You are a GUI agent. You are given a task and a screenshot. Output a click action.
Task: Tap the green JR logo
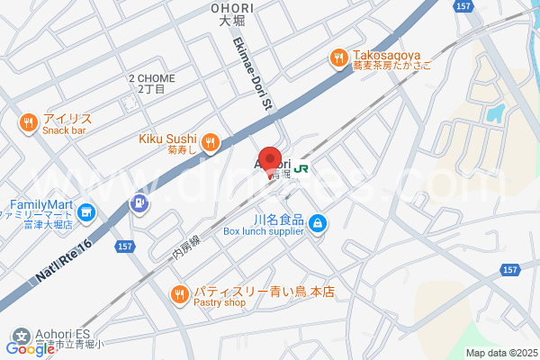[x=301, y=166]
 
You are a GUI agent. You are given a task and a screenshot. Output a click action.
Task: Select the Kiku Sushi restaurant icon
[x=210, y=140]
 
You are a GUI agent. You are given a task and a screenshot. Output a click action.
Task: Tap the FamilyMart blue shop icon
[x=86, y=213]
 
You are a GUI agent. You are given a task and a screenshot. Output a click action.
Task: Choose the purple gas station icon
[x=139, y=205]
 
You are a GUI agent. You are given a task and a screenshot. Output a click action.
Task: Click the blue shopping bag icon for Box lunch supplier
[x=318, y=224]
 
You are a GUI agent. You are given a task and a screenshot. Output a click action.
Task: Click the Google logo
[x=30, y=349]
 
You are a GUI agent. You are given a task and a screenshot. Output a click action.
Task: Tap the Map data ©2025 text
[x=501, y=353]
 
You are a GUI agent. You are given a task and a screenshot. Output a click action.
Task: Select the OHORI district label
[x=232, y=8]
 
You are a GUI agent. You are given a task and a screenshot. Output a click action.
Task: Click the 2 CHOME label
[x=151, y=78]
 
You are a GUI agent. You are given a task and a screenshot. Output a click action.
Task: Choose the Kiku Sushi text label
[x=166, y=139]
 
